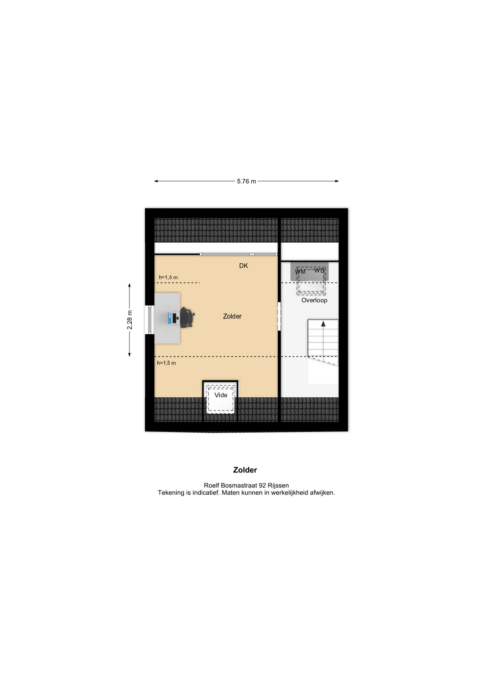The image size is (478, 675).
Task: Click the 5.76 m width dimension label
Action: point(246,181)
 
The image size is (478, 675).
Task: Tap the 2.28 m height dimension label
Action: point(130,320)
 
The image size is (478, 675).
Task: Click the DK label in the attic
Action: point(244,266)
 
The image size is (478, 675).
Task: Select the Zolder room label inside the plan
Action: point(232,316)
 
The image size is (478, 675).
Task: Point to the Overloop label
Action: point(314,300)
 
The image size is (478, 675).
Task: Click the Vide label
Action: point(221,395)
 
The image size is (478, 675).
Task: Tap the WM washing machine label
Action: point(300,272)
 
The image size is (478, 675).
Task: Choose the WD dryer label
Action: point(319,271)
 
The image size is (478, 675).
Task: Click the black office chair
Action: point(187,318)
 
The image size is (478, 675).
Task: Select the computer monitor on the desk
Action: point(171,318)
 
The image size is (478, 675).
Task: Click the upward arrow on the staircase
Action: point(323,324)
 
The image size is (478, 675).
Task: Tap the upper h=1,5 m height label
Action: point(168,277)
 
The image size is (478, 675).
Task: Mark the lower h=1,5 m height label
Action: point(166,363)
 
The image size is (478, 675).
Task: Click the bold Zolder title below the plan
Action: point(245,470)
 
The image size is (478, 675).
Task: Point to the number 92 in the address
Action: point(263,486)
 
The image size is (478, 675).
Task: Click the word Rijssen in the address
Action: point(278,486)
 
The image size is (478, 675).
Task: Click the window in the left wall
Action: point(150,320)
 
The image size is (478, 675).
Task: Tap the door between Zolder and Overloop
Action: point(279,316)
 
